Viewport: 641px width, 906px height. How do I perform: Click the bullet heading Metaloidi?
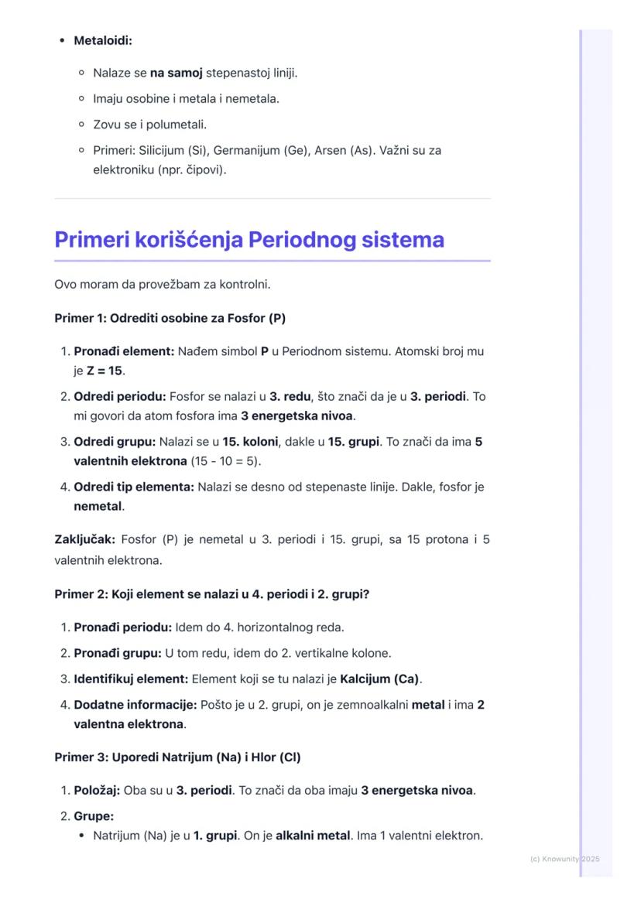pos(103,40)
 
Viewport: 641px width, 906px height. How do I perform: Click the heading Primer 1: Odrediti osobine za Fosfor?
pos(170,318)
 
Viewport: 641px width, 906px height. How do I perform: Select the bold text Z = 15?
pos(105,371)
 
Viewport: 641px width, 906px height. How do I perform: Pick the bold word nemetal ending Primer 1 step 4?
pos(98,507)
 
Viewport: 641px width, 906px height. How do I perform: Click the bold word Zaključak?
pos(84,539)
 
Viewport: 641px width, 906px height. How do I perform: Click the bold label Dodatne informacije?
pos(135,706)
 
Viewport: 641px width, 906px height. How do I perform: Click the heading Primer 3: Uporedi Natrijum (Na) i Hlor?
pos(177,757)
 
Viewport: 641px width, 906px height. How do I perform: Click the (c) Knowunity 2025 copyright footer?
pos(565,859)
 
